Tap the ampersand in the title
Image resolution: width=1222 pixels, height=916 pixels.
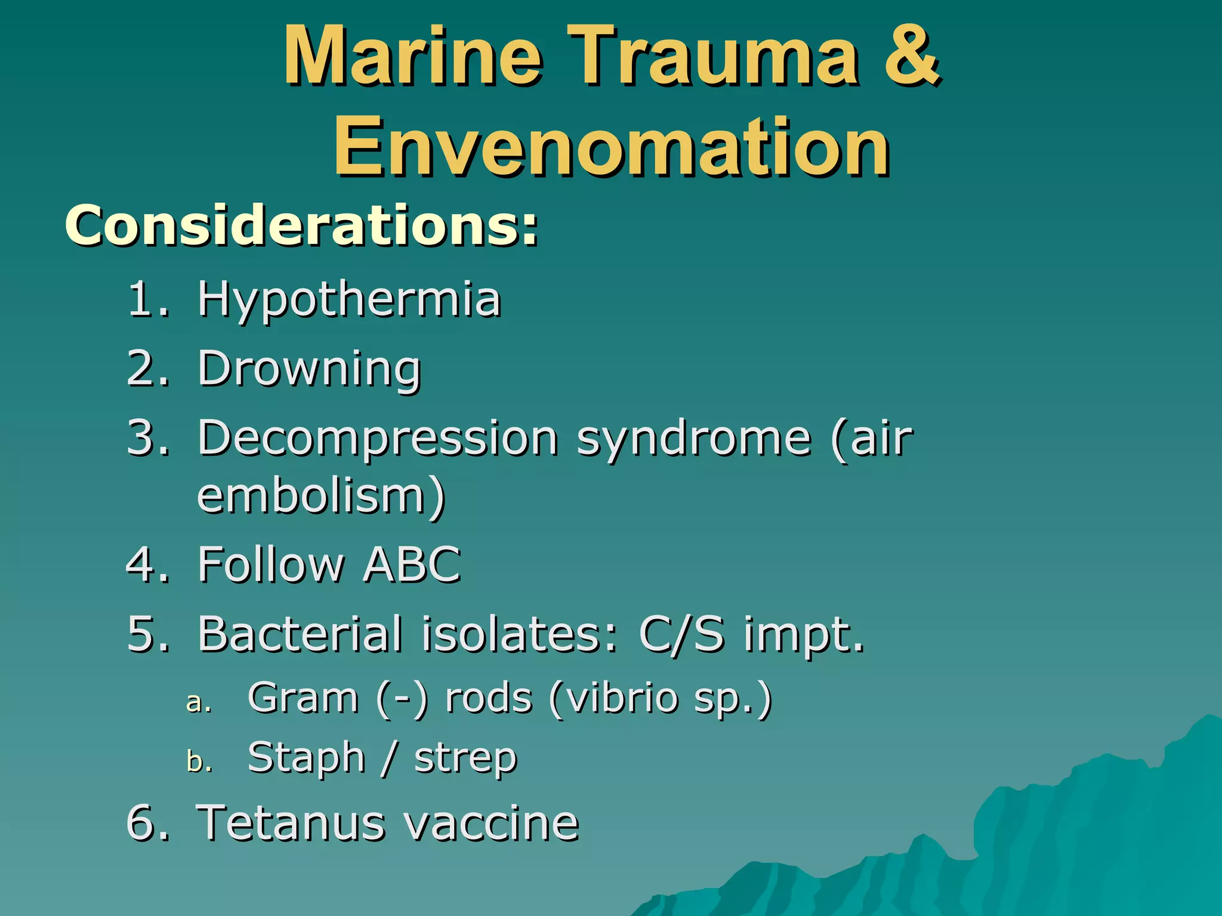911,57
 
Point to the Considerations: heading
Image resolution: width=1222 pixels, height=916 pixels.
301,225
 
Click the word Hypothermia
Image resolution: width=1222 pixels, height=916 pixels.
349,300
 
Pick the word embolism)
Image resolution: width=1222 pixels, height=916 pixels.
321,496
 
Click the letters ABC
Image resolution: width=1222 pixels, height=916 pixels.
412,564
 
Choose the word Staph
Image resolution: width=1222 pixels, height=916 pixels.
306,758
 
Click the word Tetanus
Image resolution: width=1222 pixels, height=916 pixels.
290,824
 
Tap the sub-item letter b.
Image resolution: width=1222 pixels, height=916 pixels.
198,762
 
